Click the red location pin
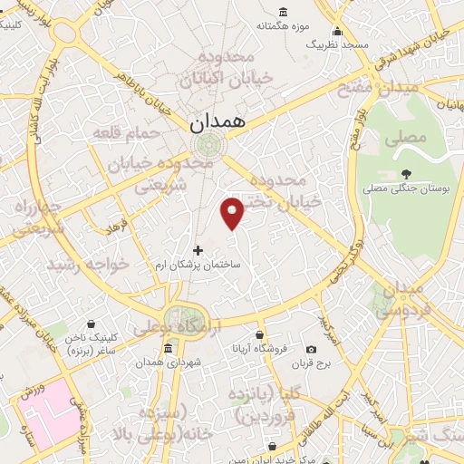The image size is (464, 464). coord(233,212)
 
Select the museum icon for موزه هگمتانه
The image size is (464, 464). coord(284,12)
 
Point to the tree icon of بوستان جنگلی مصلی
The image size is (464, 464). coord(406,173)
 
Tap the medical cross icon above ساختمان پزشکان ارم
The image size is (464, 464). coord(199,249)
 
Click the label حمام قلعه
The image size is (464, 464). coord(126,133)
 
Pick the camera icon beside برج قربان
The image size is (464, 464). coord(312,350)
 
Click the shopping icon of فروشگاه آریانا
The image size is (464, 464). coord(261,348)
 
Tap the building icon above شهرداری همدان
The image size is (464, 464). coord(169,349)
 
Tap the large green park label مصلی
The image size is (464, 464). coord(404,139)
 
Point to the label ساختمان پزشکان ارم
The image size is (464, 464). coord(209,263)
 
